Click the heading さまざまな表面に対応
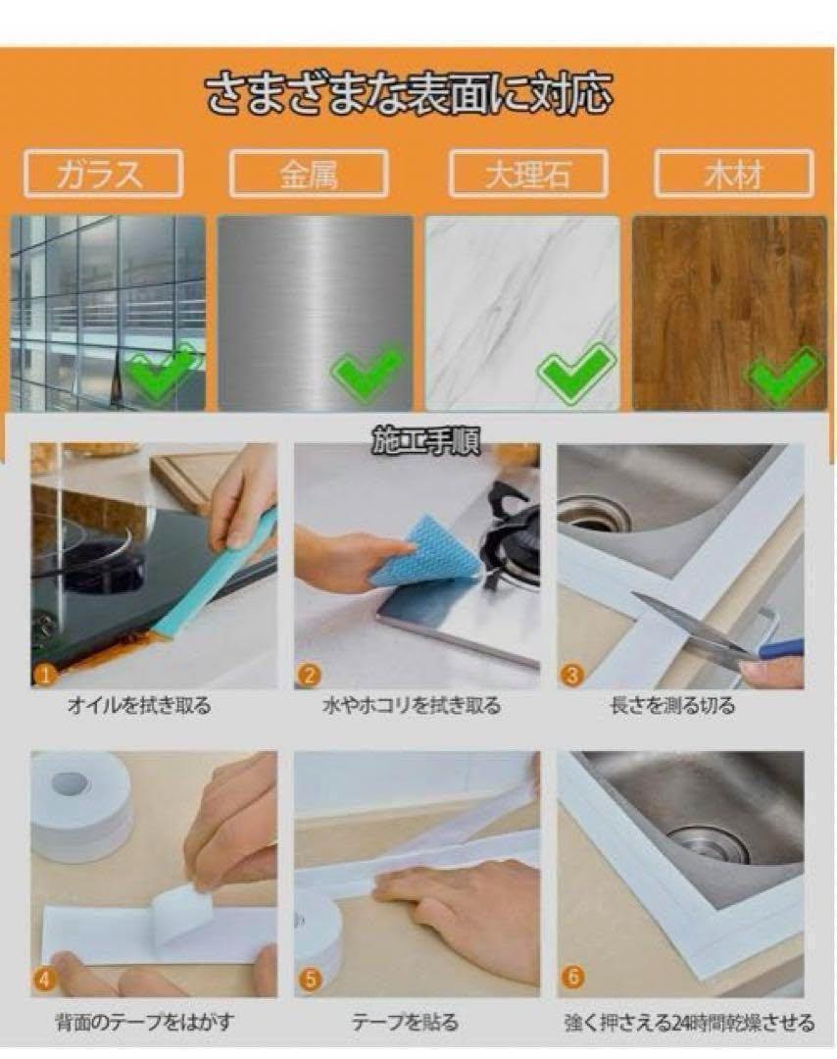pyautogui.click(x=409, y=94)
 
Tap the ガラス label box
pyautogui.click(x=103, y=174)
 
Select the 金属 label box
pyautogui.click(x=309, y=174)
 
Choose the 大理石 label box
pyautogui.click(x=528, y=174)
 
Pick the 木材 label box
pyautogui.click(x=734, y=174)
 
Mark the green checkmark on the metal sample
pyautogui.click(x=368, y=370)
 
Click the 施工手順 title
pyautogui.click(x=426, y=441)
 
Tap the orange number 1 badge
pyautogui.click(x=44, y=675)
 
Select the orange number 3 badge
pyautogui.click(x=571, y=675)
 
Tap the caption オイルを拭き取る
pyautogui.click(x=139, y=706)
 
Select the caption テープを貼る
pyautogui.click(x=405, y=1022)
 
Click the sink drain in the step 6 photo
pyautogui.click(x=709, y=844)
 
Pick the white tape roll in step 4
pyautogui.click(x=81, y=807)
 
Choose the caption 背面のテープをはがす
pyautogui.click(x=144, y=1022)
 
